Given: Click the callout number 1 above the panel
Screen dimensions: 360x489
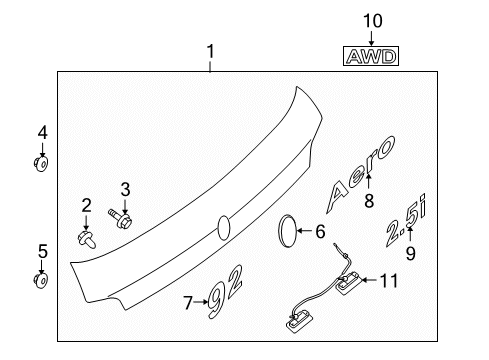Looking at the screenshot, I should (210, 51).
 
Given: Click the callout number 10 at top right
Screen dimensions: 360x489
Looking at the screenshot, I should (372, 19).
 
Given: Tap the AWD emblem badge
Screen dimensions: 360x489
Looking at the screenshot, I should (372, 58).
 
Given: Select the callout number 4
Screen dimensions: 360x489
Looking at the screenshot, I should (42, 132).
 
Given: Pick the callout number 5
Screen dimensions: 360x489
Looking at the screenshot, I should (42, 251).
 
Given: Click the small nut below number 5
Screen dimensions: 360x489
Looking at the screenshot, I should (42, 280).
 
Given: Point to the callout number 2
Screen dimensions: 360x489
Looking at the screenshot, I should (86, 205).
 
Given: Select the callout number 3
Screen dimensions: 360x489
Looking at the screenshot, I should (125, 188).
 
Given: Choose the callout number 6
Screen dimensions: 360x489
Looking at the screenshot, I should (320, 231).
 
